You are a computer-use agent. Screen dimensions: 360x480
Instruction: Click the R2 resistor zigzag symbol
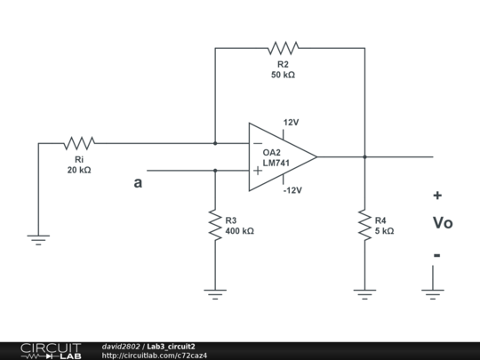(284, 47)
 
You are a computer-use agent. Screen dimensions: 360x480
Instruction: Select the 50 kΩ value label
(283, 76)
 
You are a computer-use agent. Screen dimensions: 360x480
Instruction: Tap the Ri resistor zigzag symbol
(79, 142)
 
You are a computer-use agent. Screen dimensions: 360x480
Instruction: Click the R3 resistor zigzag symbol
(214, 224)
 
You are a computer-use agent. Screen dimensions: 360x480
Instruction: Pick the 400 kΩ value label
(239, 231)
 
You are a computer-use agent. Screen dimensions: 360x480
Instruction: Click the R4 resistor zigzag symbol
(364, 224)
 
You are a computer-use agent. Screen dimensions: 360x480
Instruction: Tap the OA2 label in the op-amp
(272, 153)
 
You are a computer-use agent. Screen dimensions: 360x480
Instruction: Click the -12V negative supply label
(293, 190)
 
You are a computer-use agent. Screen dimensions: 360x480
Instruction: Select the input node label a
(137, 184)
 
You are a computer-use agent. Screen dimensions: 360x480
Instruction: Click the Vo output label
(442, 223)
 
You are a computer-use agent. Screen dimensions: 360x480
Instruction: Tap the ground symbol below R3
(214, 292)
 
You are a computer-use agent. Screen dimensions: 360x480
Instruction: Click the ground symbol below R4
(364, 292)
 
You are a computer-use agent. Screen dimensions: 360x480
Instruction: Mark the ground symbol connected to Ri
(38, 238)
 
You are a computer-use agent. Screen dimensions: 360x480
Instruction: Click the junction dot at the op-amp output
(364, 156)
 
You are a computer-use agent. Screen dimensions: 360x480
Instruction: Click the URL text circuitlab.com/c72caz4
(156, 356)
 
